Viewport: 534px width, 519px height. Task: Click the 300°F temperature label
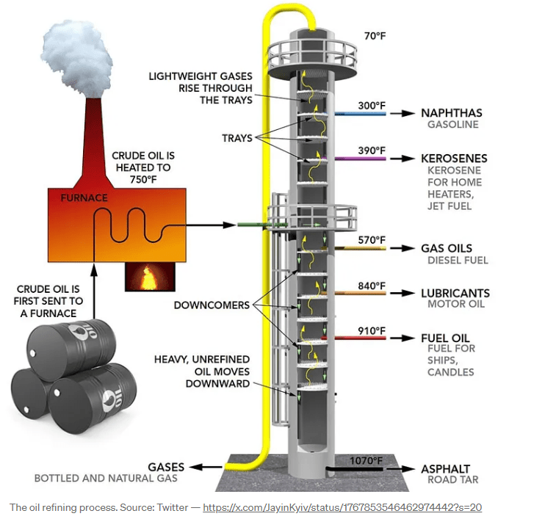[x=371, y=106]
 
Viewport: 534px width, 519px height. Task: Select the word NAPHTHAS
[x=451, y=113]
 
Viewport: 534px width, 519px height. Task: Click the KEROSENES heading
[x=454, y=158]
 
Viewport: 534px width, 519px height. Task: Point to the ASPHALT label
[x=445, y=469]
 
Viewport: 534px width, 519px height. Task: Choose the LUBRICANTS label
[x=455, y=293]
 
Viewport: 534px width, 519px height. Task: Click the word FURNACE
[x=84, y=197]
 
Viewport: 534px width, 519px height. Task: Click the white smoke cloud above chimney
[x=76, y=51]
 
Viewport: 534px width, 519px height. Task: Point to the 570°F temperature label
[x=371, y=240]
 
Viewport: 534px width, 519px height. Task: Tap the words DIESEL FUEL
[x=458, y=260]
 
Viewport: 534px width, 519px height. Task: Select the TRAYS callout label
[x=237, y=138]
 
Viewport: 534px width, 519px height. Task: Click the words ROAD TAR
[x=452, y=480]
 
